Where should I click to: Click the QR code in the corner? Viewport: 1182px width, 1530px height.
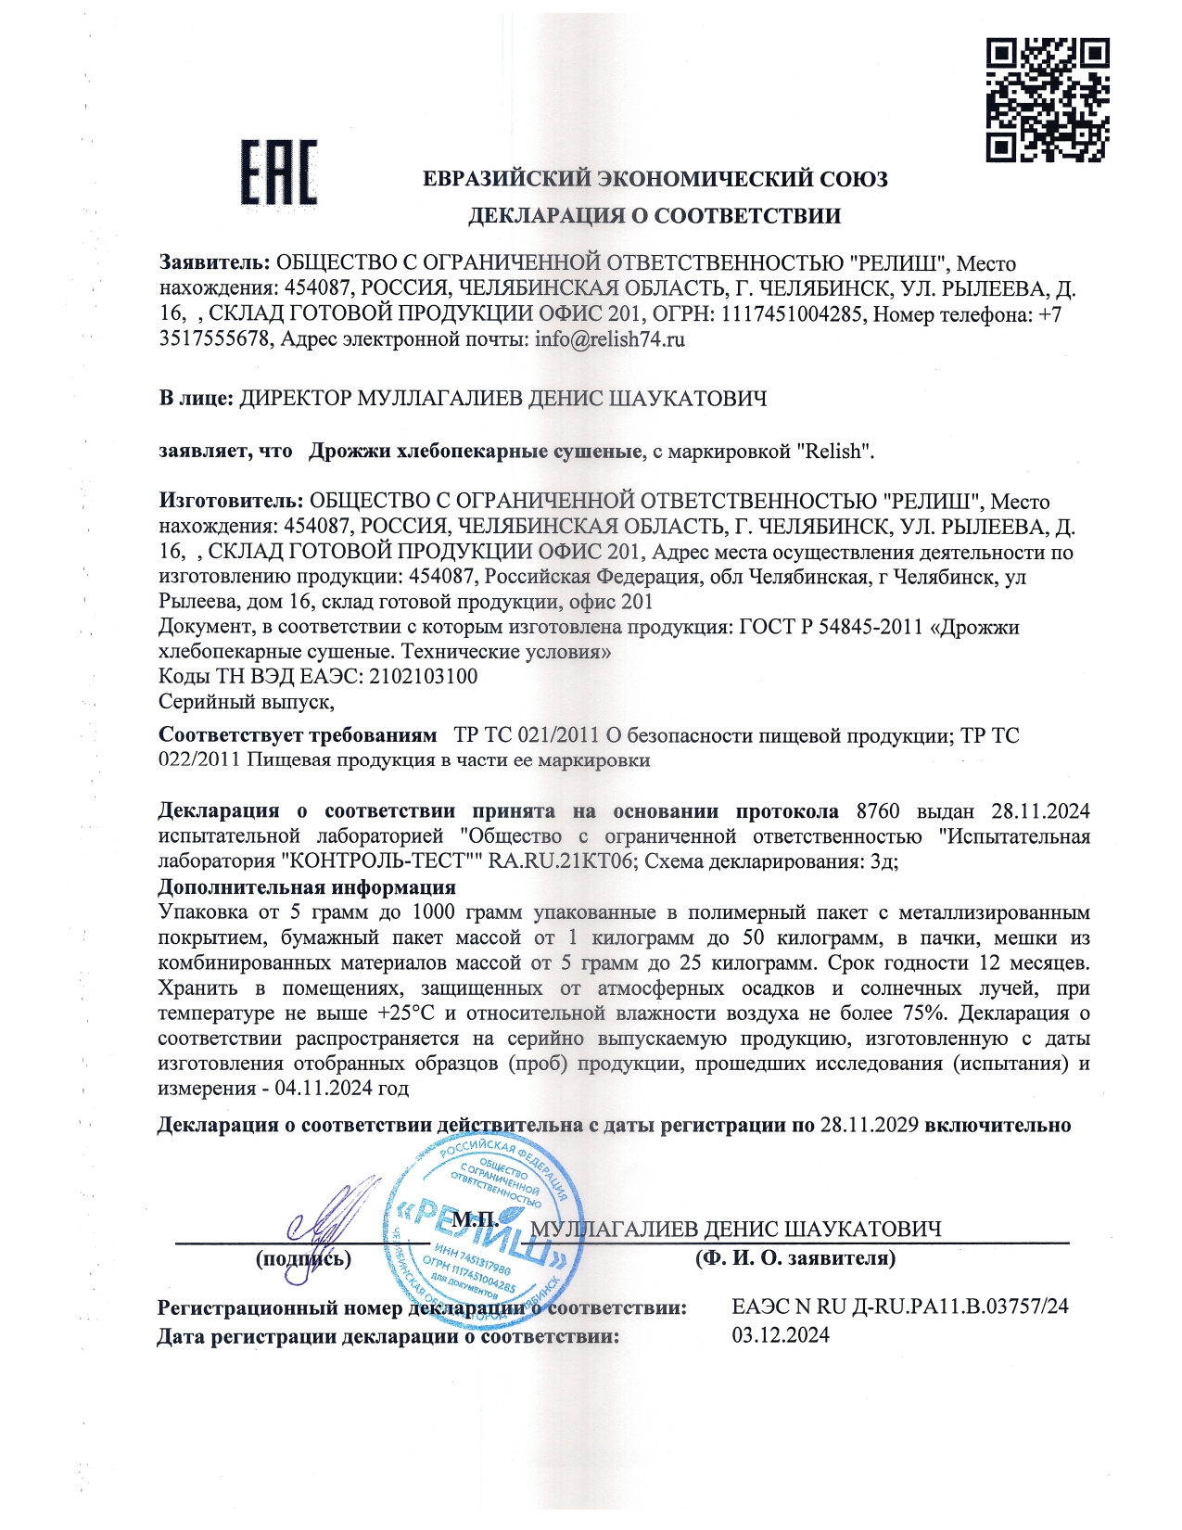(x=1047, y=99)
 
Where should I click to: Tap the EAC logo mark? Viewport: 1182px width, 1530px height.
(x=279, y=172)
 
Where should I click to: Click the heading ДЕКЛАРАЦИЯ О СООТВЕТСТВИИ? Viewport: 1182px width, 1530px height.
(x=654, y=216)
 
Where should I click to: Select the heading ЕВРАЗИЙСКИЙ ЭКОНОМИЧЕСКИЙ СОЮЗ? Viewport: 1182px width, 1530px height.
(x=655, y=179)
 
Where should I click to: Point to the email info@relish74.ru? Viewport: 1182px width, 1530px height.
(x=610, y=338)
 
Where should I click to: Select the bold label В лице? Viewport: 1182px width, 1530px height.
(x=196, y=399)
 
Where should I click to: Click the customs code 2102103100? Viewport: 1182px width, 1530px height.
(x=424, y=676)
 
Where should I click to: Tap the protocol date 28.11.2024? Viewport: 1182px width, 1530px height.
(x=1040, y=811)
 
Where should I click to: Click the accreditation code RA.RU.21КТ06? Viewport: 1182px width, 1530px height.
(x=562, y=861)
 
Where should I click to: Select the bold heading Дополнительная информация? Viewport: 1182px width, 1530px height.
(x=307, y=886)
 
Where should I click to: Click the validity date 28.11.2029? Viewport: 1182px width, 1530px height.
(x=870, y=1125)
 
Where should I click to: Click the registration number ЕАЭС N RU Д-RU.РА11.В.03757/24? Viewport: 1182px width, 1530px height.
(x=900, y=1307)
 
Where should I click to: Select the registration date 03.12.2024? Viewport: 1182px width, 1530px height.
(x=781, y=1335)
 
